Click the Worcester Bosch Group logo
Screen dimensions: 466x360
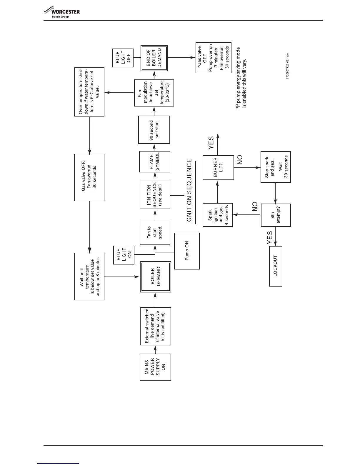pos(61,13)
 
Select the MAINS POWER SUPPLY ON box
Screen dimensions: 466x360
pos(155,367)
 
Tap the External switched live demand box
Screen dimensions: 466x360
pos(155,326)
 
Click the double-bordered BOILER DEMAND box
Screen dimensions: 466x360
pos(155,277)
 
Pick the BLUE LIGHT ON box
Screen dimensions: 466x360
pos(124,254)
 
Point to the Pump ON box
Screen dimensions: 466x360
pos(187,251)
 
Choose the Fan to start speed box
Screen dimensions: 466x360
pos(155,233)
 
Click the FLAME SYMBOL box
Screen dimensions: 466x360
pos(154,162)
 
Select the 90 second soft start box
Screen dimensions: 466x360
pos(154,129)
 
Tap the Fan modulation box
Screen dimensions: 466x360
pos(154,93)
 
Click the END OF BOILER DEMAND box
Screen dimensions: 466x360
pos(154,58)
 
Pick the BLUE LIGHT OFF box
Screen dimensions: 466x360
pos(123,57)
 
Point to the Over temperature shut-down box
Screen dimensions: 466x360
pos(89,92)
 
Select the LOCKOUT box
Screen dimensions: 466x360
pos(276,266)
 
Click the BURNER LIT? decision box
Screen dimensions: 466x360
pos(218,167)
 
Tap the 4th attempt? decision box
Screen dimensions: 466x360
pos(276,215)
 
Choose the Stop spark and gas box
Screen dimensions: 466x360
pos(276,167)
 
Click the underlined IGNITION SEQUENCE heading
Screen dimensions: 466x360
pos(190,192)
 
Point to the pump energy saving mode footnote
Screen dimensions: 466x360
pos(242,78)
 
